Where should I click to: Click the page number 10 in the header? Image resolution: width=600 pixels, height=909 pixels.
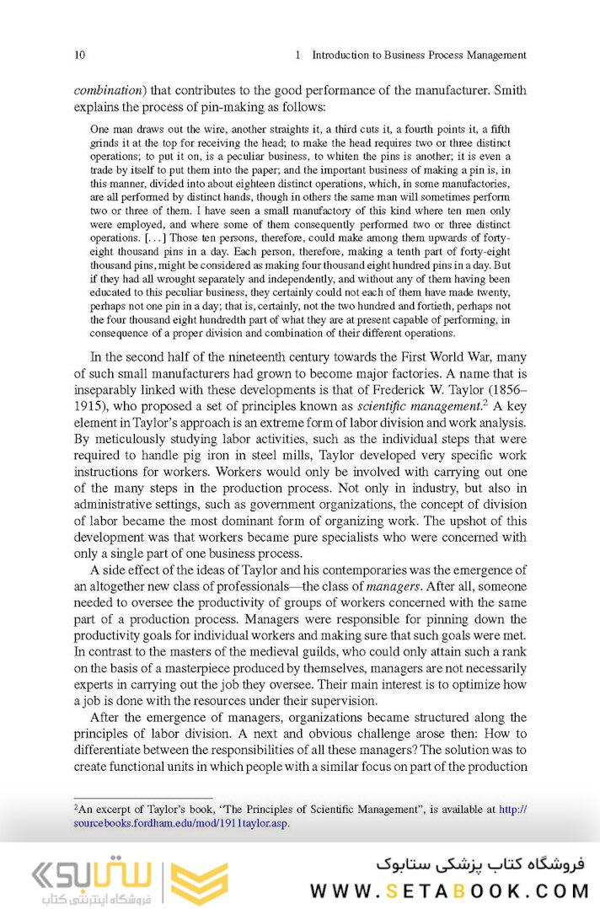[x=79, y=55]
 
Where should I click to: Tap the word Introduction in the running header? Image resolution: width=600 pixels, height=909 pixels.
[x=348, y=55]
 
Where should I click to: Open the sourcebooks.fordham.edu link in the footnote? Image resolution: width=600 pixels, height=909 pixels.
[x=181, y=823]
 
